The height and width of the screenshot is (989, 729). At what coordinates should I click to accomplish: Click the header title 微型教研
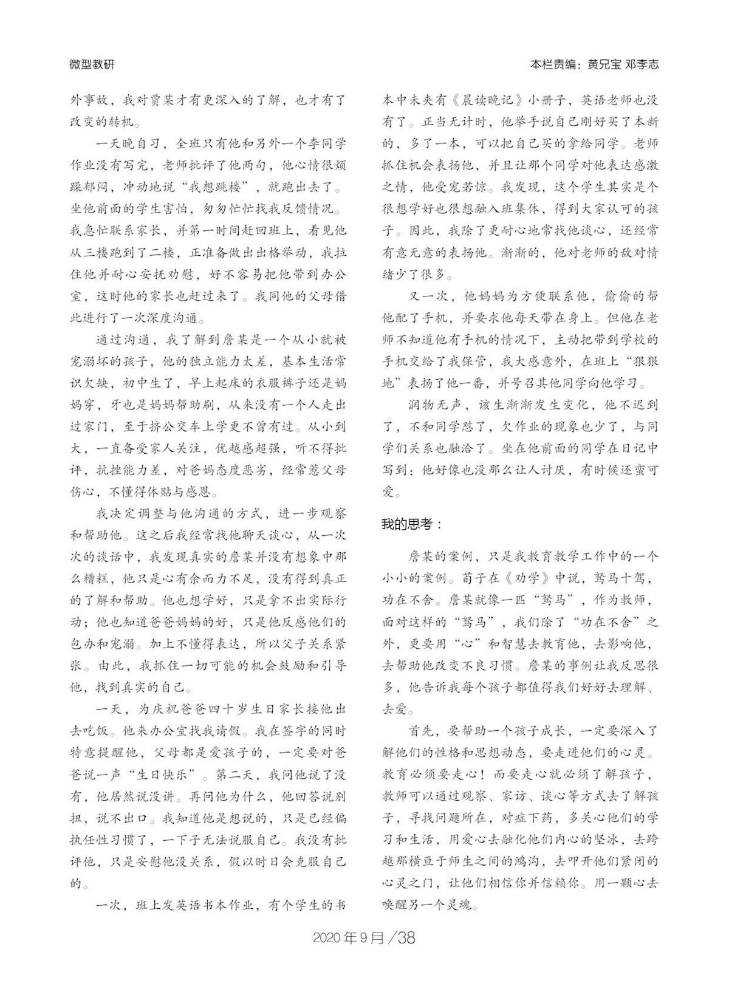[x=92, y=64]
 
